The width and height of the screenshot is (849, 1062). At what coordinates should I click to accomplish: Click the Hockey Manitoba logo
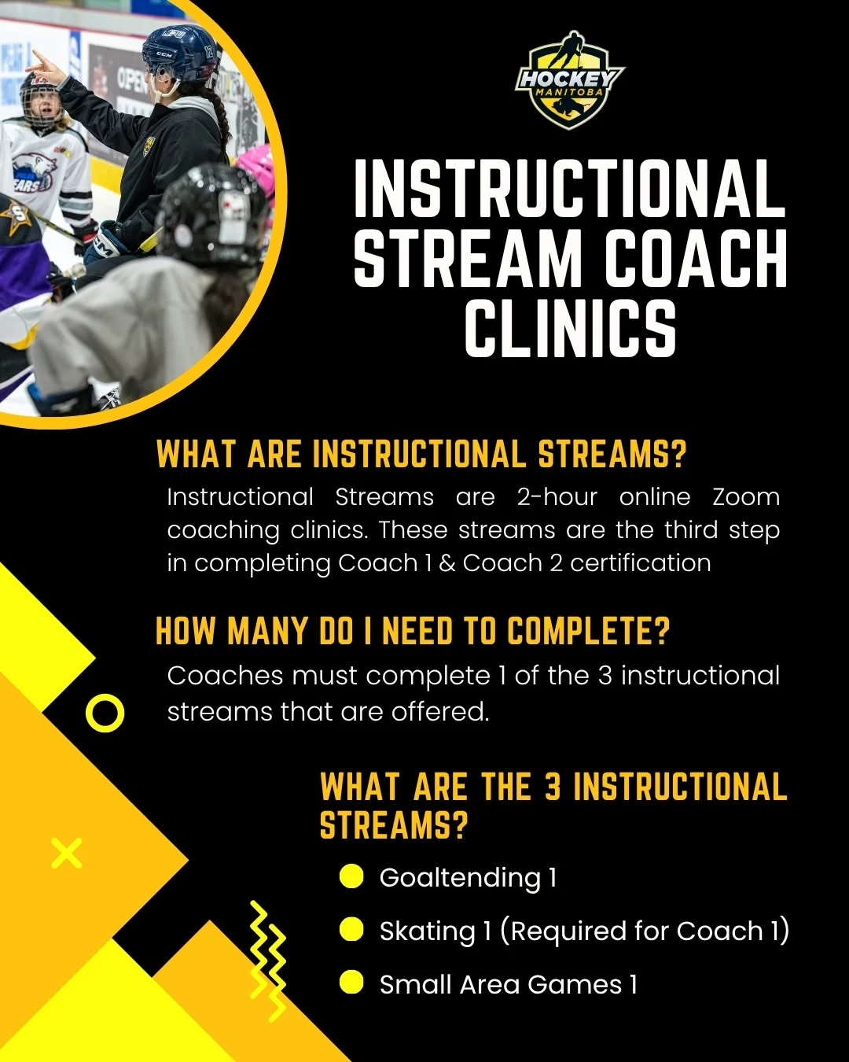[x=570, y=80]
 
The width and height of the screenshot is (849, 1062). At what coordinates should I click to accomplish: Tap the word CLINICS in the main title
[x=570, y=328]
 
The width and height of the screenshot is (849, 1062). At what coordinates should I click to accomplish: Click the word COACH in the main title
[x=696, y=258]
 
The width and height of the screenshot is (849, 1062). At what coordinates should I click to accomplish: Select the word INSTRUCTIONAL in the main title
[x=570, y=188]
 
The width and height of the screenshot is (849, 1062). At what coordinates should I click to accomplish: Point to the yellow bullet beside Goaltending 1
[x=351, y=876]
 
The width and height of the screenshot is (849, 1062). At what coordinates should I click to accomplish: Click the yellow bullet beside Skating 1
[x=351, y=931]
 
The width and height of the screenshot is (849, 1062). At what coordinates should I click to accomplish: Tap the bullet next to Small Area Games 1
[x=351, y=982]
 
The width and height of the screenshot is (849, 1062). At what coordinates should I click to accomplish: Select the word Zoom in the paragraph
[x=746, y=497]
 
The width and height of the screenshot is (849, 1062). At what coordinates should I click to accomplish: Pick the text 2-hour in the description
[x=557, y=497]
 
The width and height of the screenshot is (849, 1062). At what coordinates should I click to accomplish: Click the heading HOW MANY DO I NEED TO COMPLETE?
[x=413, y=631]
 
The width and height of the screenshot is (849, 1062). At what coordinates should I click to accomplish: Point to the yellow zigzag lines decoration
[x=268, y=961]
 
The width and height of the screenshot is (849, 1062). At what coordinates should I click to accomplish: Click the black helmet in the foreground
[x=213, y=215]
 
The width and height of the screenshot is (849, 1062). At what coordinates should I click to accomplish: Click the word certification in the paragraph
[x=641, y=563]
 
